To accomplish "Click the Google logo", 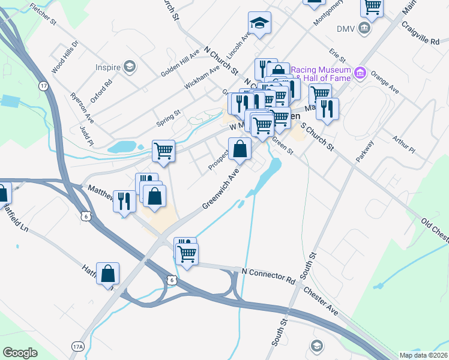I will pos(20,353).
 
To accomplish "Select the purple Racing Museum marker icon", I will pos(360,73).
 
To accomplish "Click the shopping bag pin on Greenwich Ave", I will pos(240,149).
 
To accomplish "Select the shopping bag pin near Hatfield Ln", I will pos(107,274).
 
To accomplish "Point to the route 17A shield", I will pos(78,346).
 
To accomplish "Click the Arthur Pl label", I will pos(404,143).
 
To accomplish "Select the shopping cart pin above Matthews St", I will pos(163,151).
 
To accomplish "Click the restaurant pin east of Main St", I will pos(327,109).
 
